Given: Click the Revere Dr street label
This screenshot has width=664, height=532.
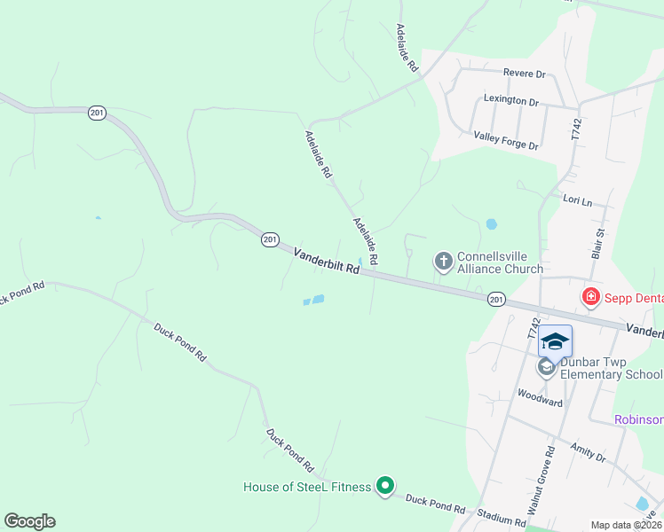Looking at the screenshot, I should point(524,74).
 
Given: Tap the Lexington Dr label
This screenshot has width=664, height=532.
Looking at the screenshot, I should point(511,100).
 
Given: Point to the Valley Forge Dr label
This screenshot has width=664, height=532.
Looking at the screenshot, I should point(506,140).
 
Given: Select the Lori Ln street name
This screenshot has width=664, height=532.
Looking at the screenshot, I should point(577,201).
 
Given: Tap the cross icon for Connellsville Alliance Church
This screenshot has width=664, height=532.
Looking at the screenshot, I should point(443,262).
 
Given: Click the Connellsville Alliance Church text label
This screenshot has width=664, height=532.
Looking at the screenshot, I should point(499,262).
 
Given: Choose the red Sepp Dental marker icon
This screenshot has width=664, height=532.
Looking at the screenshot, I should point(589,298).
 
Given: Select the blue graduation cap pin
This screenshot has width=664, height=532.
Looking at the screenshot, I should point(555,341).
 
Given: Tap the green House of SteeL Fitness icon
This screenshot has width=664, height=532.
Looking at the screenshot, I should point(384,486).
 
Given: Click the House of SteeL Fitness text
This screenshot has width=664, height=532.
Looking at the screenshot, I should point(307,487).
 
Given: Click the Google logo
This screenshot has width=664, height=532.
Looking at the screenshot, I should point(30,521).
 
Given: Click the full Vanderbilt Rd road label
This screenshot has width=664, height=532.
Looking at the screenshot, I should point(327,262).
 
